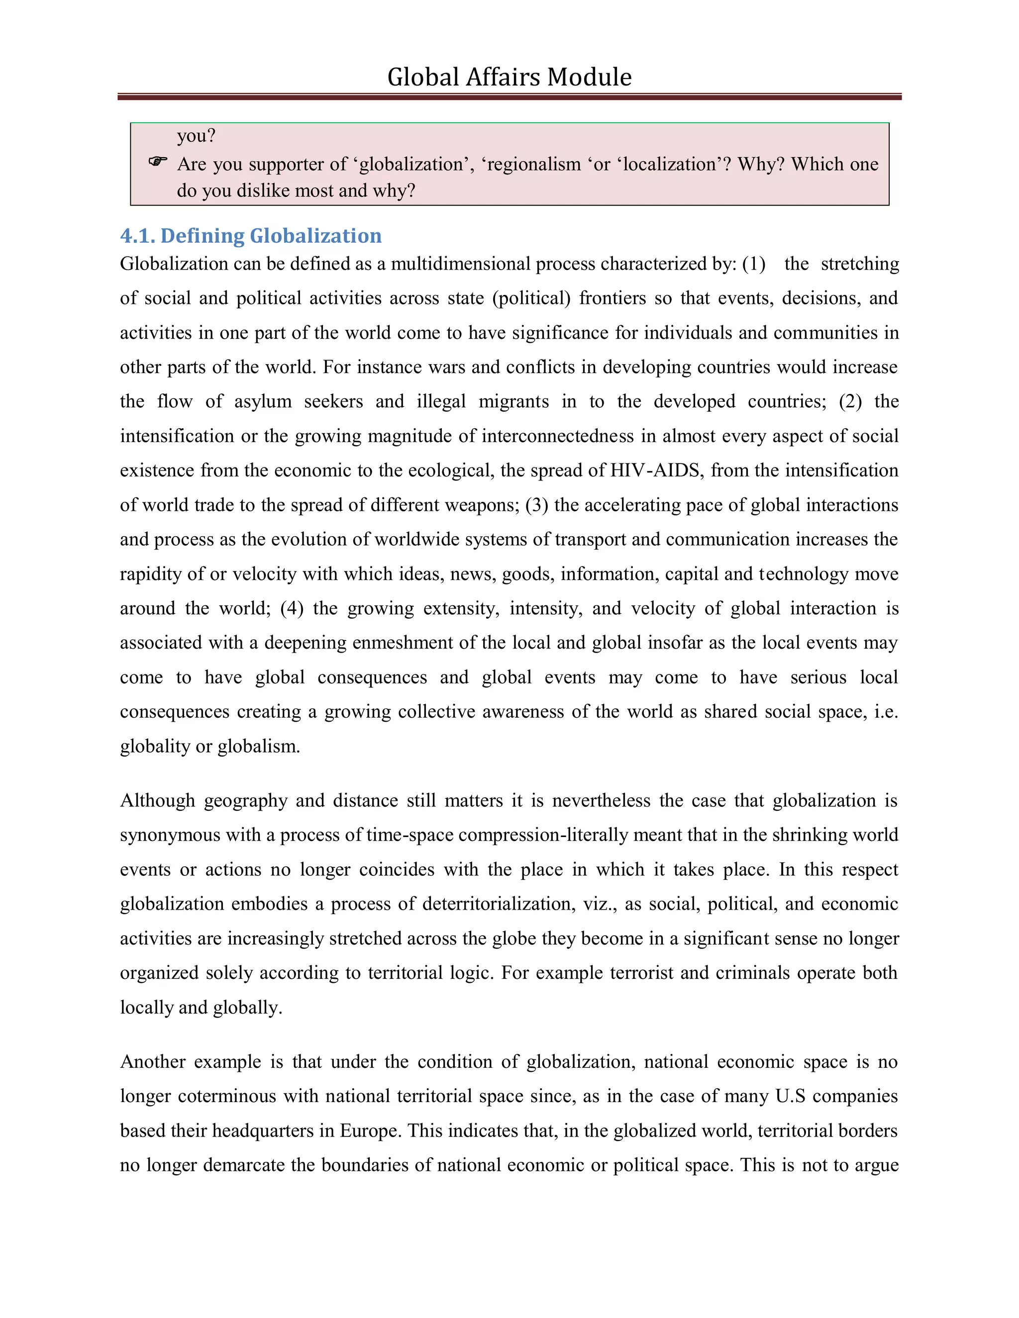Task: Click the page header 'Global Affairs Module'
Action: [509, 77]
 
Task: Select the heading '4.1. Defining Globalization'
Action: [251, 235]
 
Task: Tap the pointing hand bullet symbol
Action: [158, 161]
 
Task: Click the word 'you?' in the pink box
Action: [196, 136]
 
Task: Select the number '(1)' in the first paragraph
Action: [753, 264]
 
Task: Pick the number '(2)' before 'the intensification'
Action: [850, 401]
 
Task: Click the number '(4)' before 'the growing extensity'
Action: [292, 608]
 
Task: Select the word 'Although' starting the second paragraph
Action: [158, 800]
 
